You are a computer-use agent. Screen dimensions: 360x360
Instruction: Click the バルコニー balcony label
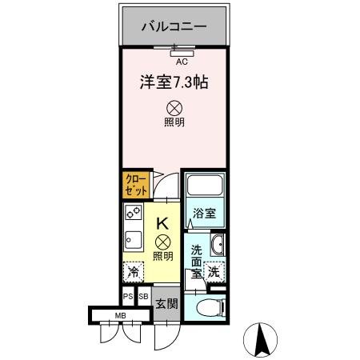[x=174, y=26]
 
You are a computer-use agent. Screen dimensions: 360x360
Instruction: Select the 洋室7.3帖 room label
[x=174, y=82]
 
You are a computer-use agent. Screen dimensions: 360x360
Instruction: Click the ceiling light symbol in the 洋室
[x=174, y=107]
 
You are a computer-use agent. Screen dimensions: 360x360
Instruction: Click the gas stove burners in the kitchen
[x=133, y=214]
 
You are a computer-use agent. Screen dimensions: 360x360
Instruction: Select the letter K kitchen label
[x=162, y=225]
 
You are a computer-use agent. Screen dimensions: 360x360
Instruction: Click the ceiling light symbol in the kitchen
[x=162, y=242]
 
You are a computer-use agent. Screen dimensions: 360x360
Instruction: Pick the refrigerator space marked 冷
[x=134, y=272]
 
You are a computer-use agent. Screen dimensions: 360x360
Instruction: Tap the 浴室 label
[x=204, y=214]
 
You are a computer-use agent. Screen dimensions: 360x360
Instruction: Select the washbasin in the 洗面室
[x=218, y=244]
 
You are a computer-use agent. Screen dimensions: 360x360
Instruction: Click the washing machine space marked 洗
[x=214, y=271]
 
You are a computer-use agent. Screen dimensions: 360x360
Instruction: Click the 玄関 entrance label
[x=166, y=303]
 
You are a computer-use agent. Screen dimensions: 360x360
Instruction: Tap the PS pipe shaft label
[x=128, y=297]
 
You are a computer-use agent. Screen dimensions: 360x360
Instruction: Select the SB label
[x=143, y=297]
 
